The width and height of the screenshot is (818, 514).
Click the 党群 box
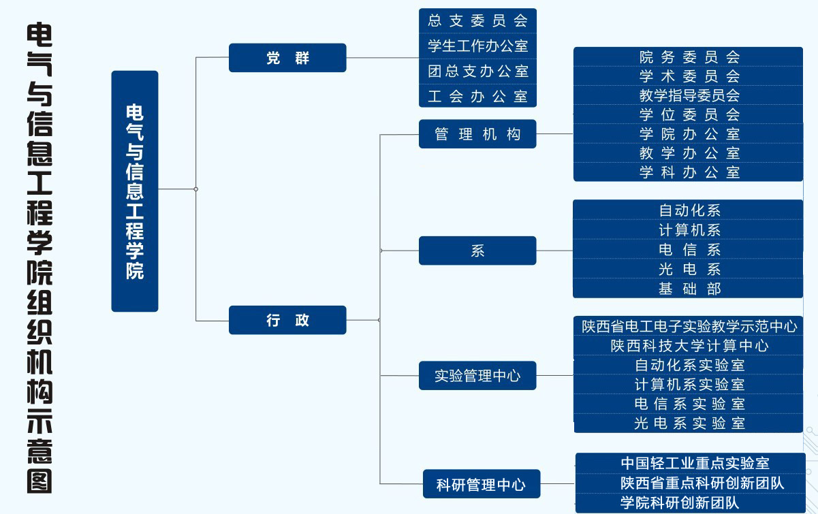287,58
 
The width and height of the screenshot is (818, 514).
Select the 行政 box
287,320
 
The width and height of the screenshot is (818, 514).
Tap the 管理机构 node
477,134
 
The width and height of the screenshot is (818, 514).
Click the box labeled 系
477,251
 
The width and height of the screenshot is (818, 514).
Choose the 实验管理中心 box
477,376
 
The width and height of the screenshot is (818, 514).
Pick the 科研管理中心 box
481,484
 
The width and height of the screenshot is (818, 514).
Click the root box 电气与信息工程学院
135,191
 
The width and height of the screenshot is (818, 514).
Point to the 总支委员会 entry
477,20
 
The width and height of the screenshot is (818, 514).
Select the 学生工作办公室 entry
477,46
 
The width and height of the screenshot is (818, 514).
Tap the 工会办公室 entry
477,96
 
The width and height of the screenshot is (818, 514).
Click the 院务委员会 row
689,57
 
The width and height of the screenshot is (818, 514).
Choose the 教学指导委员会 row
689,95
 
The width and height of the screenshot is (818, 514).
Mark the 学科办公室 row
689,172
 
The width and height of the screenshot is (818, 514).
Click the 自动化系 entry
689,210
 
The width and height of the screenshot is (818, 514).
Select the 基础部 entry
689,289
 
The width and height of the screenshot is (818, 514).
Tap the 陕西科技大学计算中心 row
689,346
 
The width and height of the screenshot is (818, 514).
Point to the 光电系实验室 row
689,423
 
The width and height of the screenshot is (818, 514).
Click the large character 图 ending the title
39,480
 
